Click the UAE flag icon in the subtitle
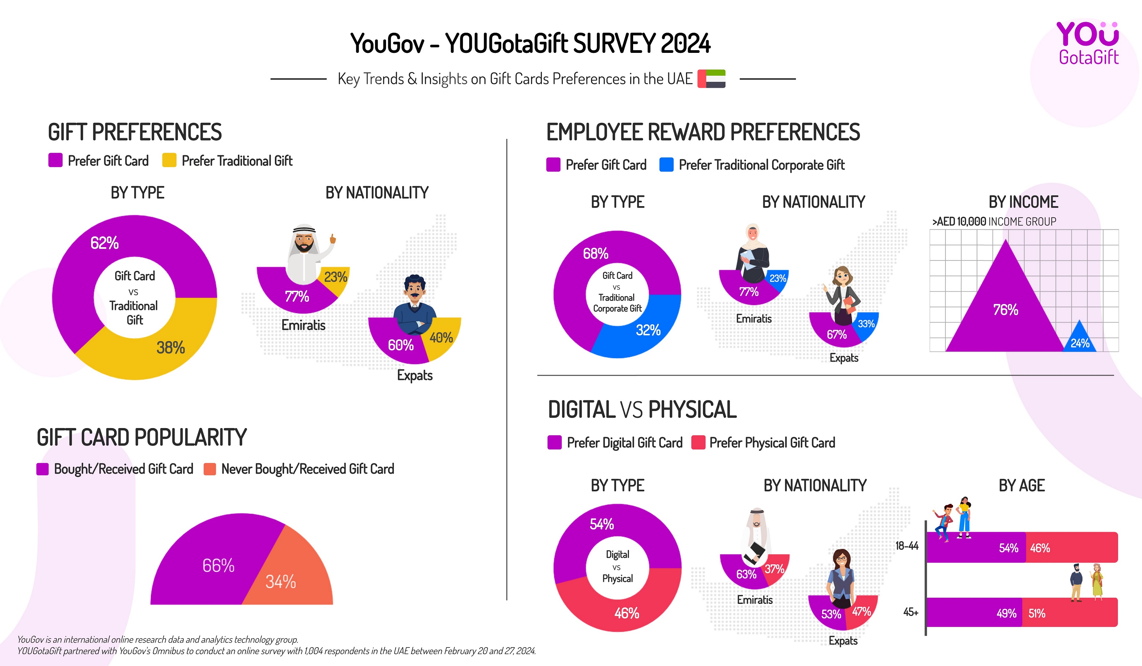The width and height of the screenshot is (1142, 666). pyautogui.click(x=711, y=79)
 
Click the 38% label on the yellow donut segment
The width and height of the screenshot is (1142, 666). pyautogui.click(x=171, y=348)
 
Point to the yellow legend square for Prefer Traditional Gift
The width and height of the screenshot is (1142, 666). pyautogui.click(x=169, y=160)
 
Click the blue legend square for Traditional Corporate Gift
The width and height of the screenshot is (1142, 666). pyautogui.click(x=666, y=165)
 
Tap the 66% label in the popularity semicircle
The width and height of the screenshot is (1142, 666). pyautogui.click(x=218, y=566)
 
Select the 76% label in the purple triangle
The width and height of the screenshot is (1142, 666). pyautogui.click(x=1006, y=310)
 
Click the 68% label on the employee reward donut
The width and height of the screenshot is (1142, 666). pyautogui.click(x=595, y=254)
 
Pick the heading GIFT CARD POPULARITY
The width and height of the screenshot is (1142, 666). pyautogui.click(x=142, y=438)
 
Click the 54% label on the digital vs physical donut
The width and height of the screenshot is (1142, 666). pyautogui.click(x=601, y=524)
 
